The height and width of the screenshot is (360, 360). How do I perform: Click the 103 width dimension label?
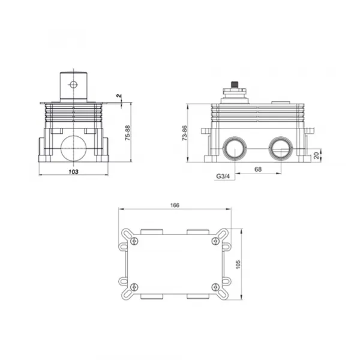point(73,172)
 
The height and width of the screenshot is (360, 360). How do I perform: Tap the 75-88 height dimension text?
point(127,133)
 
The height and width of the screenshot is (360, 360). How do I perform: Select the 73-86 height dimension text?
point(185,133)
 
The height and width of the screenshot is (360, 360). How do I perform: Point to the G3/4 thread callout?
point(223,176)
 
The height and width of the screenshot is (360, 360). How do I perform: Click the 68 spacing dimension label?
point(258,169)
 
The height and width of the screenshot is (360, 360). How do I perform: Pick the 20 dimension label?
point(316,155)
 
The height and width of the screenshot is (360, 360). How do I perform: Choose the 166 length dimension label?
point(175,205)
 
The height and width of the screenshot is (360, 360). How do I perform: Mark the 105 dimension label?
point(238,265)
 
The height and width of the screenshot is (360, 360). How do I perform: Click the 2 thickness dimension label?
point(119,96)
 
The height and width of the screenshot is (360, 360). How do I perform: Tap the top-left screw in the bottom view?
point(134,241)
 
